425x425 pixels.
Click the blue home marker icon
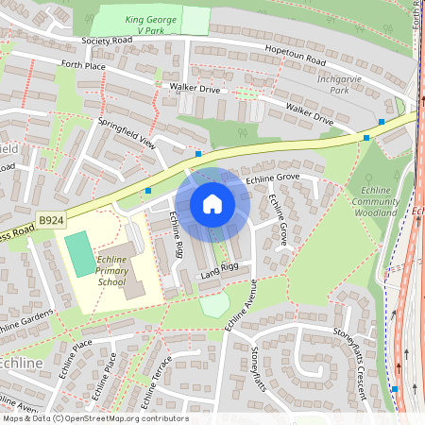click(x=212, y=203)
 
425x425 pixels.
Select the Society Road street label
click(x=108, y=42)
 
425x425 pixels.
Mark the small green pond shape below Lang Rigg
click(x=214, y=305)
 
